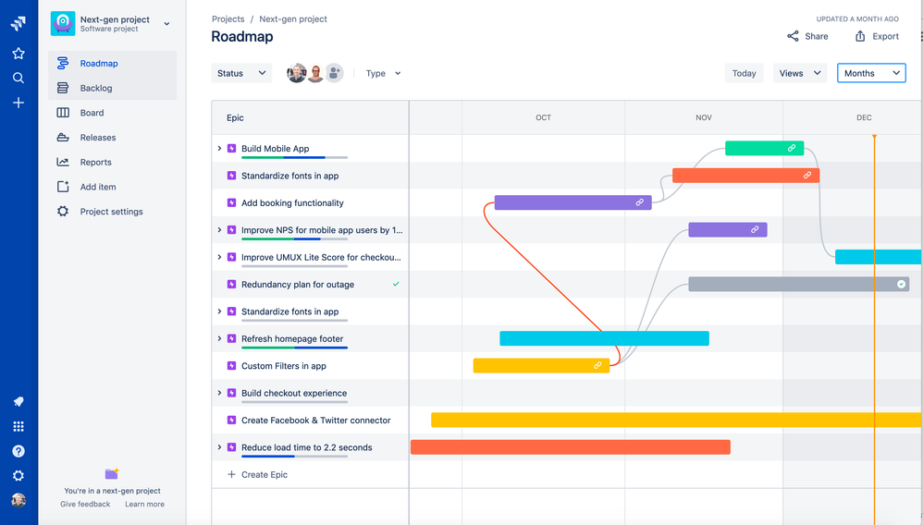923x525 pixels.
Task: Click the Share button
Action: [807, 36]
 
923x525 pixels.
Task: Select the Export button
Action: [877, 36]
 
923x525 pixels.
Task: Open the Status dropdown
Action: [241, 73]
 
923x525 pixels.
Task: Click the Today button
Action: [744, 73]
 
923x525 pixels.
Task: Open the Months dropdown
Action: [870, 73]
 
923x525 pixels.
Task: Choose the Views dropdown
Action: [799, 73]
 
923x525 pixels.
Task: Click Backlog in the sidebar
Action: [95, 88]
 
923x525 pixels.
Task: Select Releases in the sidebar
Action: [97, 138]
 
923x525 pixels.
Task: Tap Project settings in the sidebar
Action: [111, 212]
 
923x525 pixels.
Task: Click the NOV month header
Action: [704, 117]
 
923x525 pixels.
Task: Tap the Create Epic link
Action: [264, 474]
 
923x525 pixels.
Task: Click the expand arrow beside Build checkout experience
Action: [219, 393]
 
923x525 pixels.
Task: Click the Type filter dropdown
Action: [383, 73]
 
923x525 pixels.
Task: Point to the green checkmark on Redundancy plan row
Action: [396, 285]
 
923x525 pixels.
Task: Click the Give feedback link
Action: [85, 504]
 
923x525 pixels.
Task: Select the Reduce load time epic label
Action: [306, 447]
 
